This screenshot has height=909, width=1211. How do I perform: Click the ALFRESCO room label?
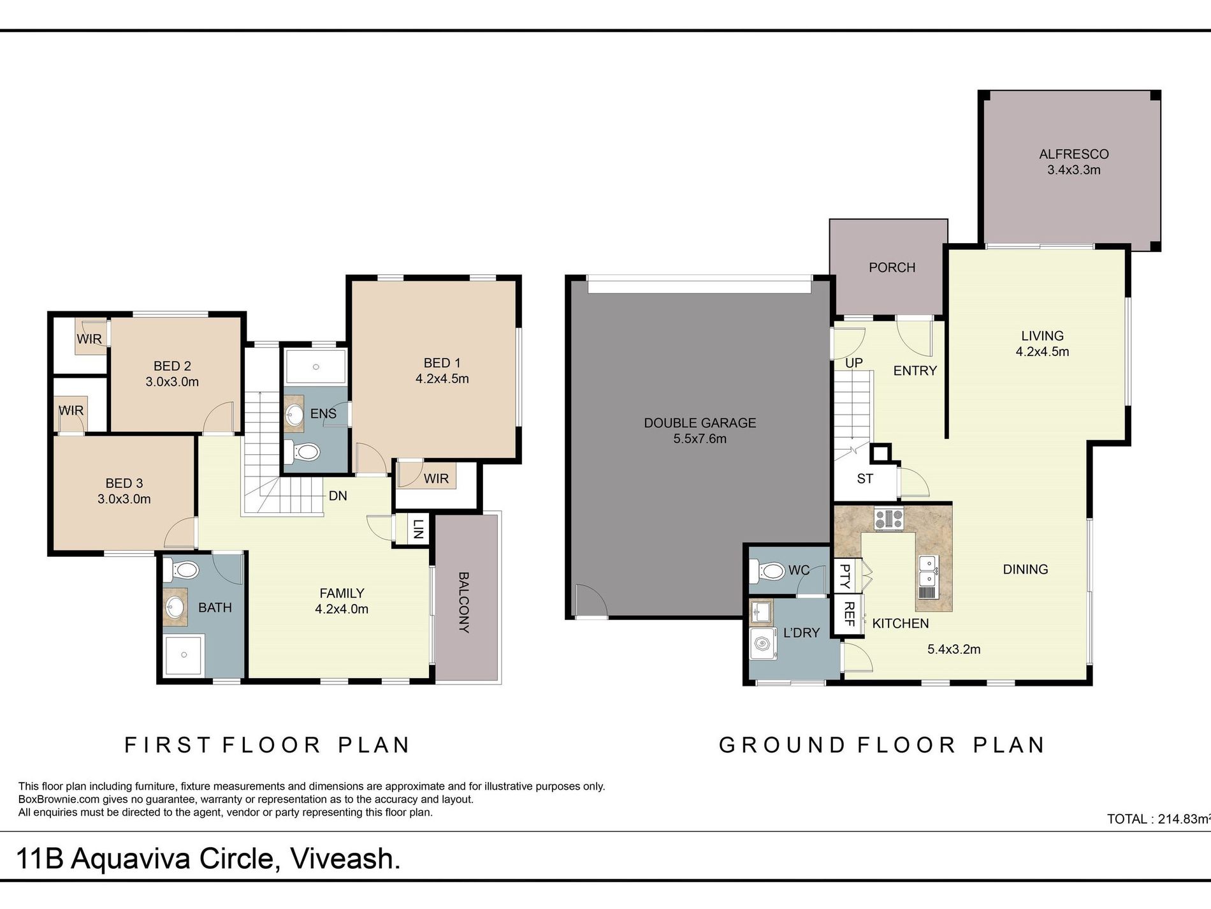tap(1073, 154)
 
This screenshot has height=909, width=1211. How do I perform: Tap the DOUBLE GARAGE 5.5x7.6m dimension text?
tap(700, 439)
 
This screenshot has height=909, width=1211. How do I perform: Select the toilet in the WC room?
tap(768, 570)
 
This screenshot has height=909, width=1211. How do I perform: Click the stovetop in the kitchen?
tap(888, 518)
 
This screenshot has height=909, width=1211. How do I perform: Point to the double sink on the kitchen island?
tap(927, 571)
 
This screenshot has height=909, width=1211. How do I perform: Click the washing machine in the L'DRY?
tap(763, 644)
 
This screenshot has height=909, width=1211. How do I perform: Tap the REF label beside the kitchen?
tap(849, 614)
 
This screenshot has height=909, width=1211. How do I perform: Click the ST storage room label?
tap(865, 478)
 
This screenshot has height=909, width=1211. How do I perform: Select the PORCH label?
tap(892, 267)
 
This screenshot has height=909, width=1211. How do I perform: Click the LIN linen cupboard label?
tap(417, 529)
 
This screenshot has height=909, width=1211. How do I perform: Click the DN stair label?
tap(338, 496)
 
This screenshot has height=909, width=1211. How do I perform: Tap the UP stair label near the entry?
tap(854, 363)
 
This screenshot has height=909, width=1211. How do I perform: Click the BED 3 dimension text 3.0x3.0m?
tap(124, 499)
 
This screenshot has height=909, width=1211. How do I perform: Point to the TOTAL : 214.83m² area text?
tap(1159, 819)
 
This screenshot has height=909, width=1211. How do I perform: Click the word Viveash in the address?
tap(345, 859)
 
